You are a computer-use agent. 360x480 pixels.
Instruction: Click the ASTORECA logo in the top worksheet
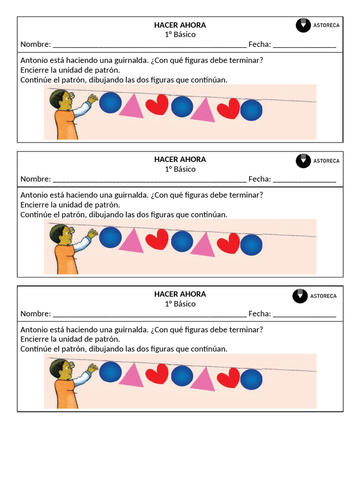(317, 25)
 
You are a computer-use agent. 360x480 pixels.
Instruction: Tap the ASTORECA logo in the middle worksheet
(317, 160)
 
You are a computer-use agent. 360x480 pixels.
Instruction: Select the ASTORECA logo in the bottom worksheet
(315, 296)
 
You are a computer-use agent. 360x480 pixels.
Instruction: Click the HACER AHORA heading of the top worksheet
(180, 25)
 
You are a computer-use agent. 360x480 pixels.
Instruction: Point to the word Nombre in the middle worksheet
(35, 179)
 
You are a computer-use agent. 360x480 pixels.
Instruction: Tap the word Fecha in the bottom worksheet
(259, 314)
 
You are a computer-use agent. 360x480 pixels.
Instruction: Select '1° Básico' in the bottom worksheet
(180, 304)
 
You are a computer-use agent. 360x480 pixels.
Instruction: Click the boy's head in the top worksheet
(61, 99)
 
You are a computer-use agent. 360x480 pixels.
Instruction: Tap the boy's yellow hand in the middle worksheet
(93, 233)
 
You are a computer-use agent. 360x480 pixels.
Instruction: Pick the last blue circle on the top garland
(251, 110)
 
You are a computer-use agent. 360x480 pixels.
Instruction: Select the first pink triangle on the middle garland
(132, 240)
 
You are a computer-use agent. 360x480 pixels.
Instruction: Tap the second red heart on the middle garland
(228, 243)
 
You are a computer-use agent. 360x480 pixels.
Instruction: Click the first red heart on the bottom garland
(157, 374)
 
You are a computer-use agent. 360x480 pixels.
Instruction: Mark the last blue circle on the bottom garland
(251, 379)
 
